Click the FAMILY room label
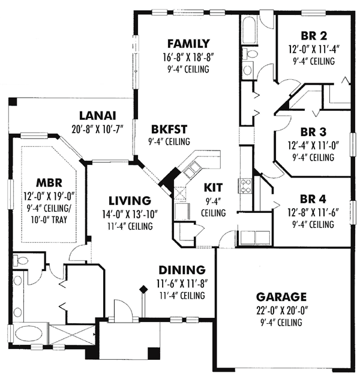(188, 43)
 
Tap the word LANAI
(98, 116)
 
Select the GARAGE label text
(281, 297)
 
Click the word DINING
(182, 270)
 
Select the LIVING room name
(128, 200)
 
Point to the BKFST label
(151, 128)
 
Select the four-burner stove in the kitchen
(245, 185)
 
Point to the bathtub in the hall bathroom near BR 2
(248, 29)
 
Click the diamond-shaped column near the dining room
(143, 290)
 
